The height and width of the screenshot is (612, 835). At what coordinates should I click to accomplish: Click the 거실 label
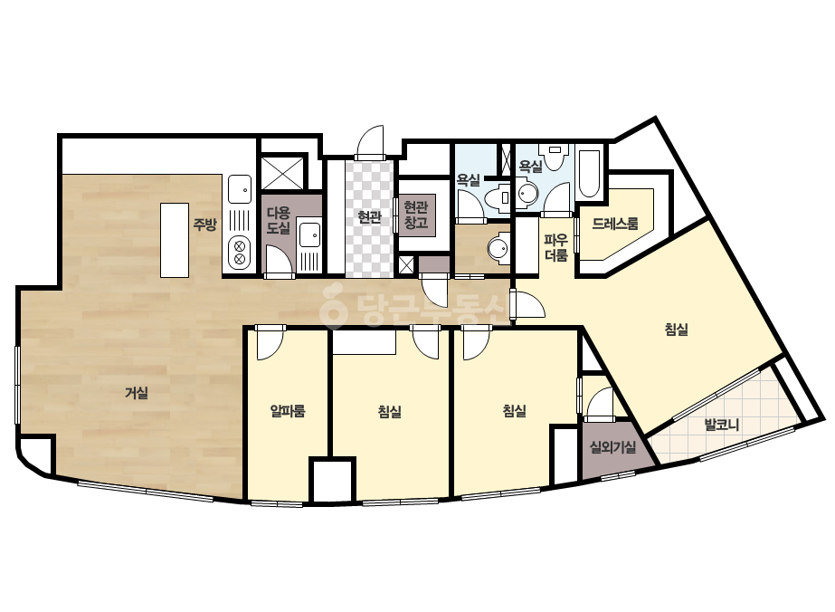coord(137,394)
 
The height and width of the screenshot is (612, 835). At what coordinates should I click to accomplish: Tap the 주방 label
coord(204,225)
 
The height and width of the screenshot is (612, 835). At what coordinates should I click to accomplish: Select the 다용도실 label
coord(279,221)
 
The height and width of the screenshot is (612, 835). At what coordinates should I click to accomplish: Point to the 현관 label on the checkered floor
coord(369,217)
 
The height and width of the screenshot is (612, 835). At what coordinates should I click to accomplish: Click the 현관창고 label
coord(416,215)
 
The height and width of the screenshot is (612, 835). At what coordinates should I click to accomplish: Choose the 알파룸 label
coord(288,410)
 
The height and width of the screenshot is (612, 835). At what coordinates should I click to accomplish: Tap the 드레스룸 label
coord(615,224)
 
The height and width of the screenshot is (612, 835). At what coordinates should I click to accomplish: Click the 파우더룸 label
coord(556,247)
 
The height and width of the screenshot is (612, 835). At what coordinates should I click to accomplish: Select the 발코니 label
coord(722,425)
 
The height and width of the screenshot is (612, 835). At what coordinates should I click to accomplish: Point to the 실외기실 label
coord(612,446)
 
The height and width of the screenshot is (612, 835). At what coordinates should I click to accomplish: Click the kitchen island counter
coord(175,240)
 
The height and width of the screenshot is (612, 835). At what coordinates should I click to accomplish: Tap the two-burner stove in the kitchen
coord(239,253)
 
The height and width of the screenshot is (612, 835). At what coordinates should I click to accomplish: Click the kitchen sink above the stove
coord(240,189)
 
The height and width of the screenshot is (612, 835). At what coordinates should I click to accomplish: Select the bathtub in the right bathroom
coord(589,174)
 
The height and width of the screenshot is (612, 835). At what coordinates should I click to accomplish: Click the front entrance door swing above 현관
coord(370,141)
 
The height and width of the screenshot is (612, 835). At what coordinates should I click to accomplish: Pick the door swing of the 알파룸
coord(270,343)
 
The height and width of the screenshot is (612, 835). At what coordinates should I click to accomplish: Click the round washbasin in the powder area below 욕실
coord(499,248)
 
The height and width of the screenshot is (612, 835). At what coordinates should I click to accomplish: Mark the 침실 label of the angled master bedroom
coord(677,330)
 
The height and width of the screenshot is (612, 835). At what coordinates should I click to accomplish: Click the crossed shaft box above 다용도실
coord(284,172)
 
